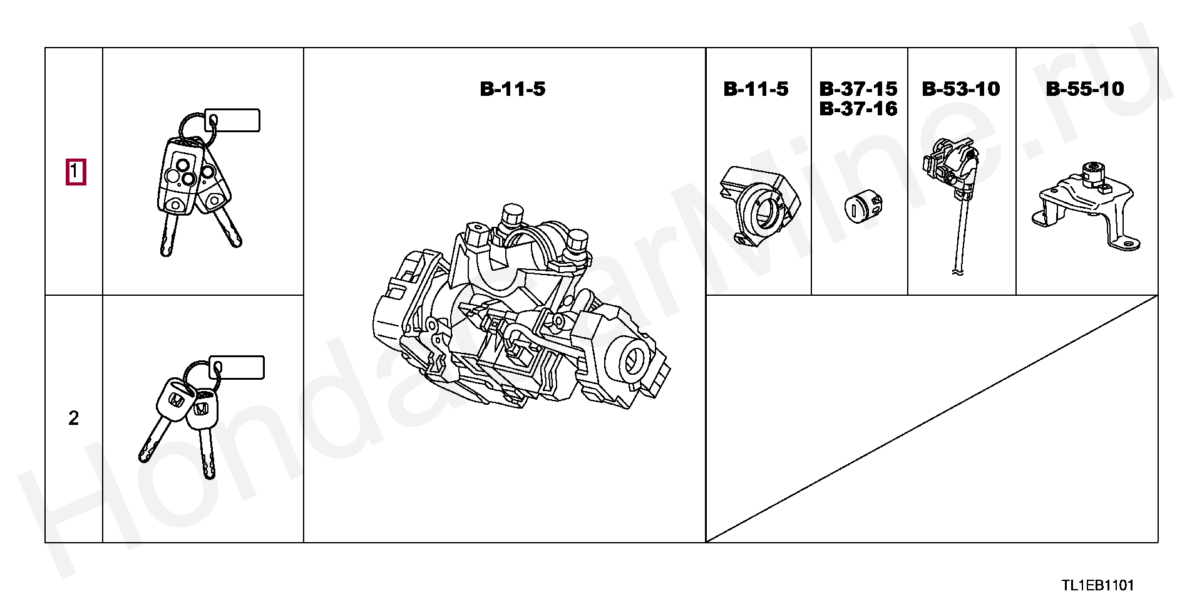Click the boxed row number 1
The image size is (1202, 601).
point(74,172)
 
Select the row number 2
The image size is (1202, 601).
point(74,418)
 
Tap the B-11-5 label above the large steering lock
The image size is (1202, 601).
point(513,89)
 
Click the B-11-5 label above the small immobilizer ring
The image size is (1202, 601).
point(756,89)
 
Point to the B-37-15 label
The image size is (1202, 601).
point(858,89)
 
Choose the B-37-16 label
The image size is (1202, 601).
point(858,109)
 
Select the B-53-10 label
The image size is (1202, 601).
point(961,89)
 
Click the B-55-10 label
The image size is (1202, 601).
point(1085,89)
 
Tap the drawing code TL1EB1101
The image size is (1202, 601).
point(1097,585)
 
